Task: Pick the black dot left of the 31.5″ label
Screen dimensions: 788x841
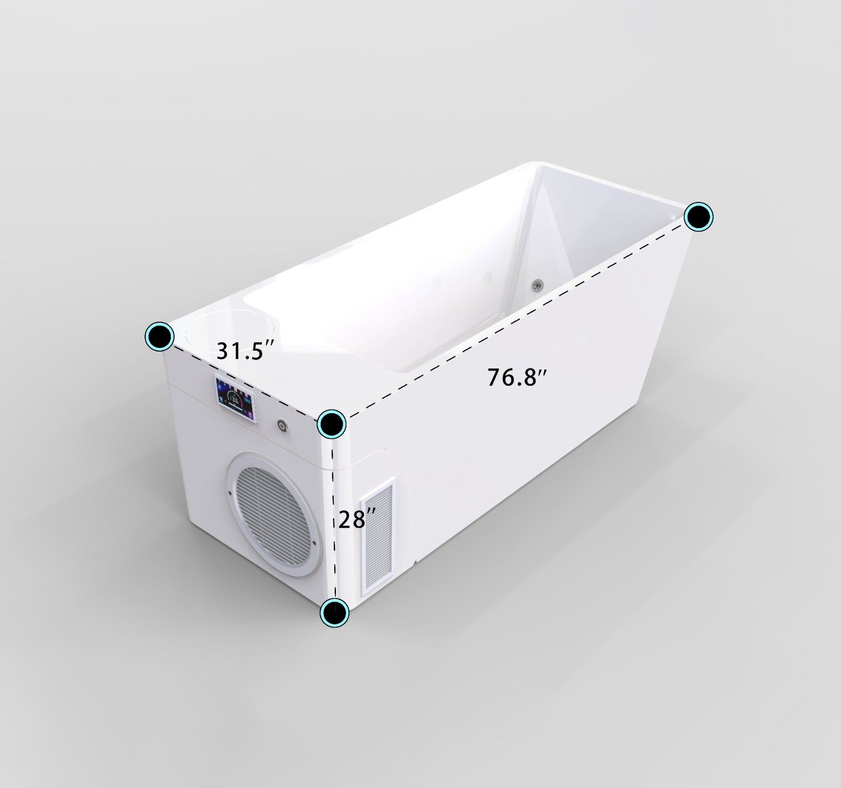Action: click(x=160, y=335)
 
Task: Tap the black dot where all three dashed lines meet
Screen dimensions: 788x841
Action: click(x=332, y=423)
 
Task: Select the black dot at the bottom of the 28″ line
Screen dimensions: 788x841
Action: click(x=335, y=612)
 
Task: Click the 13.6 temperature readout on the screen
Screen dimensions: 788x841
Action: click(x=235, y=402)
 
